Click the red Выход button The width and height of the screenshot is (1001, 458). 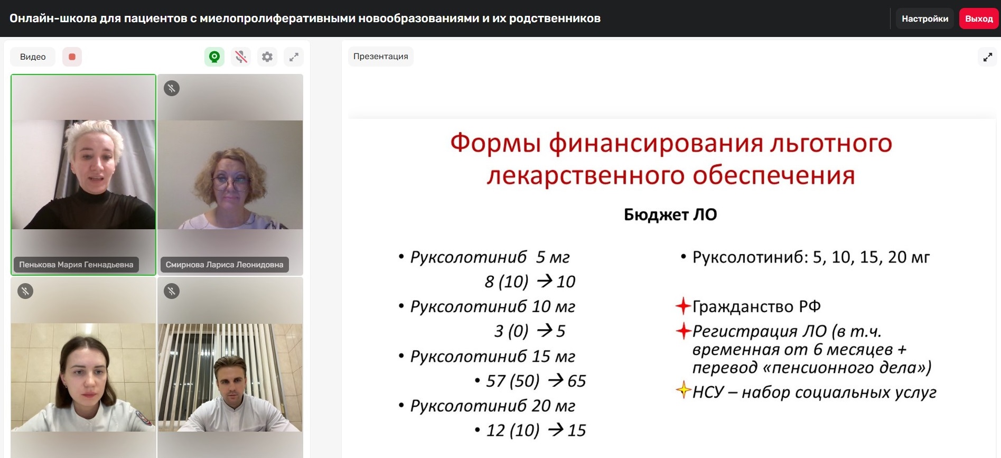pyautogui.click(x=979, y=18)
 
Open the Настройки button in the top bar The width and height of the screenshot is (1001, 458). pyautogui.click(x=925, y=18)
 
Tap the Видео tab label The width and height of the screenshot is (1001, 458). pyautogui.click(x=33, y=57)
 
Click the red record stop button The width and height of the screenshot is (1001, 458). pyautogui.click(x=72, y=57)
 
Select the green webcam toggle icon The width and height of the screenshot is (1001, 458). pyautogui.click(x=214, y=57)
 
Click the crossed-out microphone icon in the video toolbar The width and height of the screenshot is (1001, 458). pyautogui.click(x=241, y=57)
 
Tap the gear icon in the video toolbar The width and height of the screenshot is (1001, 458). pyautogui.click(x=267, y=57)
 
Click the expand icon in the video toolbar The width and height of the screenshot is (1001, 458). pyautogui.click(x=294, y=57)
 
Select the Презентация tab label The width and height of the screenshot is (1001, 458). pyautogui.click(x=381, y=57)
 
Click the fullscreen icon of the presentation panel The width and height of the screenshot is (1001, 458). pyautogui.click(x=988, y=57)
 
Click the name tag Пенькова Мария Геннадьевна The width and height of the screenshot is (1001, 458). pyautogui.click(x=76, y=265)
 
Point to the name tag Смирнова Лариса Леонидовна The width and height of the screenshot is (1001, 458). pyautogui.click(x=224, y=265)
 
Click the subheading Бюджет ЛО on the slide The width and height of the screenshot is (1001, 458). pyautogui.click(x=670, y=214)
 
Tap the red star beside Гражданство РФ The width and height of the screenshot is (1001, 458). pyautogui.click(x=684, y=306)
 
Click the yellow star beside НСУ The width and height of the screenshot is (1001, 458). pyautogui.click(x=684, y=390)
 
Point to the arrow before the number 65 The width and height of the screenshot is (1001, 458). pyautogui.click(x=556, y=380)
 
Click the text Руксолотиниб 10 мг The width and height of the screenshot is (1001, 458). pyautogui.click(x=493, y=306)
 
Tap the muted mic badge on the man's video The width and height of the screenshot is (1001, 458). pyautogui.click(x=172, y=291)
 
